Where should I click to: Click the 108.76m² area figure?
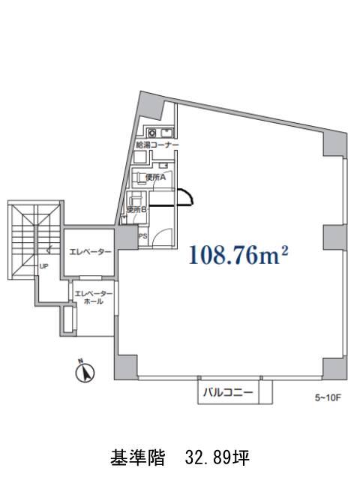pos(238,255)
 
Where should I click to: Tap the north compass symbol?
pos(85,371)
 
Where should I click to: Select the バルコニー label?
pos(228,392)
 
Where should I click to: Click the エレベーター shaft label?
pos(90,252)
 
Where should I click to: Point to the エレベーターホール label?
pos(93,297)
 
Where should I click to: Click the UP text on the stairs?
pos(43,266)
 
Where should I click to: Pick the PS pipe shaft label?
pos(143,236)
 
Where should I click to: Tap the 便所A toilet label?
pos(156,178)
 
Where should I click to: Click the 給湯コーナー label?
pos(157,145)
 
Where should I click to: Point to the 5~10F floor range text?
pos(328,397)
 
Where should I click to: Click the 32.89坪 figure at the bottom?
pos(217,458)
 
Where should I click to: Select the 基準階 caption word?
pos(138,458)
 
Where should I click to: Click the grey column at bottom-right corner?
pos(335,368)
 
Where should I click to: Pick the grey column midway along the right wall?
pos(335,237)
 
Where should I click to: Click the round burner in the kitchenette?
pos(152,133)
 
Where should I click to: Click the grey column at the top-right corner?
pos(335,145)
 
